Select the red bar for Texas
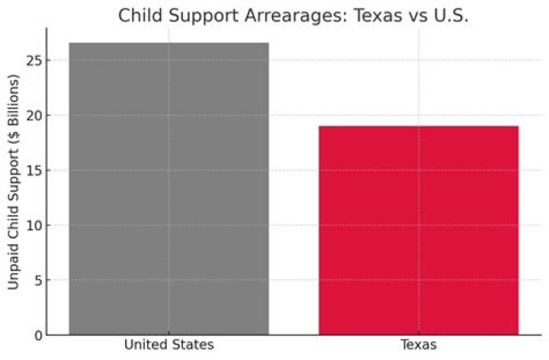point(419,230)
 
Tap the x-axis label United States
point(169,346)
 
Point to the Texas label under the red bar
point(419,346)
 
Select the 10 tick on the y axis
point(33,225)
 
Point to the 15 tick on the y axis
point(33,170)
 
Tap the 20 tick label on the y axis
point(33,115)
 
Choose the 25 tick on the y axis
point(33,60)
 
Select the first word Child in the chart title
point(139,15)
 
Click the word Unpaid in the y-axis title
point(14,267)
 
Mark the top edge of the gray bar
point(169,43)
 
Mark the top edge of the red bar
point(419,127)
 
